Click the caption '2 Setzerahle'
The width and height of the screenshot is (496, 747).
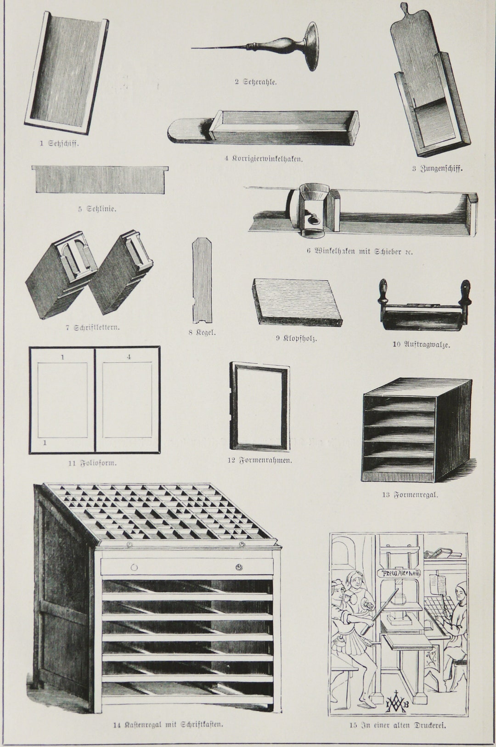(x=255, y=82)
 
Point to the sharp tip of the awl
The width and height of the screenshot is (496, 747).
(x=193, y=47)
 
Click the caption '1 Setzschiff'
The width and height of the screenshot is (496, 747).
(x=59, y=143)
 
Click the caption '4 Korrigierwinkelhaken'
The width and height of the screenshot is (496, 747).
(x=263, y=159)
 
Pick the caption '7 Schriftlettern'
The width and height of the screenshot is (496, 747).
(x=93, y=328)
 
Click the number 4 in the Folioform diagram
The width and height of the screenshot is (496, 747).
(x=129, y=357)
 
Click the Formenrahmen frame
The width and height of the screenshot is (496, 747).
(x=259, y=406)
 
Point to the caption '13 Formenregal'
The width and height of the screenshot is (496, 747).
(x=410, y=495)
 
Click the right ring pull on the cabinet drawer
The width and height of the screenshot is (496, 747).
(x=239, y=568)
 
